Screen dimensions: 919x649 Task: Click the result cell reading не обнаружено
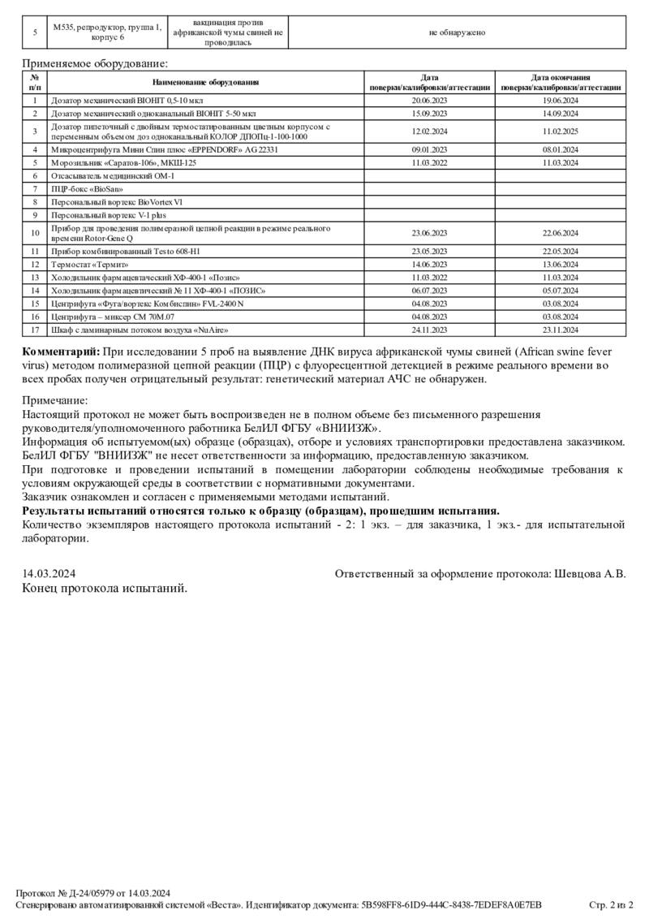(x=457, y=32)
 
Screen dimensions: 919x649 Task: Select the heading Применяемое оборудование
(x=95, y=63)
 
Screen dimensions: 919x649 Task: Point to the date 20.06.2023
(x=430, y=101)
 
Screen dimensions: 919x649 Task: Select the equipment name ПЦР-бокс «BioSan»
(x=87, y=188)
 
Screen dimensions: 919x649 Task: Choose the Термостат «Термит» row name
(x=90, y=265)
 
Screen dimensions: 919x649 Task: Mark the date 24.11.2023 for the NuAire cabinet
(x=430, y=330)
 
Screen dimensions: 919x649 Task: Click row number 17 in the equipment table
(x=35, y=330)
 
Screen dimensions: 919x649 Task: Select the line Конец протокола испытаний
(x=104, y=588)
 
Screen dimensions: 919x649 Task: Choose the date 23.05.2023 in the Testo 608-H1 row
(x=430, y=252)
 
